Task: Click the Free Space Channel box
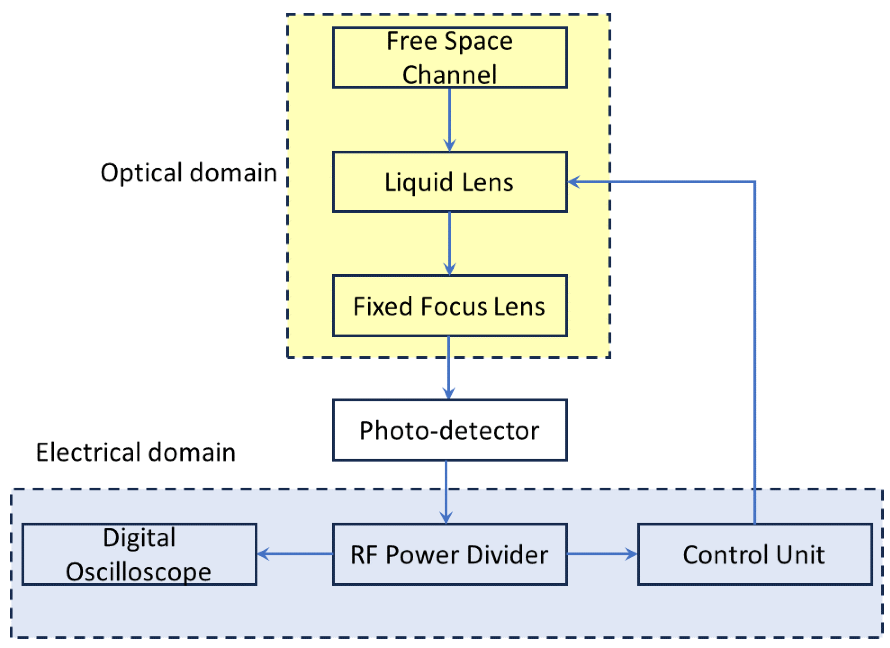(450, 57)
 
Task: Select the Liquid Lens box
(450, 182)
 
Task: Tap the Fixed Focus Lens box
(450, 306)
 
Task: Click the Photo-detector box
(450, 430)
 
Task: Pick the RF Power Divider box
(450, 554)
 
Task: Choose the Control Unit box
(755, 554)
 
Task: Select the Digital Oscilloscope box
(139, 554)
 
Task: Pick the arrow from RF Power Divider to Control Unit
(602, 554)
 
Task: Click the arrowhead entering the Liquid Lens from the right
(574, 182)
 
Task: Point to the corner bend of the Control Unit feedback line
(755, 182)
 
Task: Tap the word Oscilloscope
(138, 572)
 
